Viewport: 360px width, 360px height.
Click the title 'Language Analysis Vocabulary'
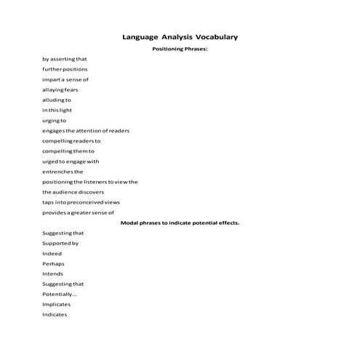[180, 36]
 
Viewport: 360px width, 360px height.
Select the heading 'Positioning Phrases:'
[180, 49]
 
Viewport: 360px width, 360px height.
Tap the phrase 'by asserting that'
[65, 59]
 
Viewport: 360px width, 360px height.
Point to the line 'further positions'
[65, 69]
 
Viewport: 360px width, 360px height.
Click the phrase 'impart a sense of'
[65, 79]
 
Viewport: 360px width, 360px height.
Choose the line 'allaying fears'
[60, 89]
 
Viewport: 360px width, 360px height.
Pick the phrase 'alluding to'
[57, 100]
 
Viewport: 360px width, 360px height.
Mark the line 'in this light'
[57, 110]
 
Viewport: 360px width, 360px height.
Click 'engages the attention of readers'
[86, 130]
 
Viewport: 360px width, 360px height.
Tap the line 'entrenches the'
[63, 171]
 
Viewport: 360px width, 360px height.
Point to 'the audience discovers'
[73, 192]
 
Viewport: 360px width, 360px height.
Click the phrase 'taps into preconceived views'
[81, 202]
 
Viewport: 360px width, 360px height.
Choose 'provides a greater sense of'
[79, 212]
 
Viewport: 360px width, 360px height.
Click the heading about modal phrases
[180, 223]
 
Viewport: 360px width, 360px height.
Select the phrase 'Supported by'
[60, 243]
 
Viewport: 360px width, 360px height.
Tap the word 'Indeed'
[52, 253]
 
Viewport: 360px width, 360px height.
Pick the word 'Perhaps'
[54, 263]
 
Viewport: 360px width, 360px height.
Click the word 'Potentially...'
[60, 294]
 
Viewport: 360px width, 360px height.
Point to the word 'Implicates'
[57, 304]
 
